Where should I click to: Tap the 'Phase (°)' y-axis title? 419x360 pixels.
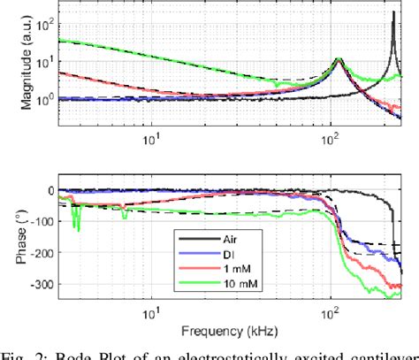[x=11, y=234]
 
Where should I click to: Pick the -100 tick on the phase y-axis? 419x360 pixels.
[x=38, y=221]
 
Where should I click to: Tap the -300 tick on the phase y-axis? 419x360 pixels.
[x=38, y=284]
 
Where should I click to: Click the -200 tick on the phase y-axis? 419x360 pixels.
[x=38, y=253]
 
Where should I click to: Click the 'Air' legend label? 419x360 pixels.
[x=231, y=240]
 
